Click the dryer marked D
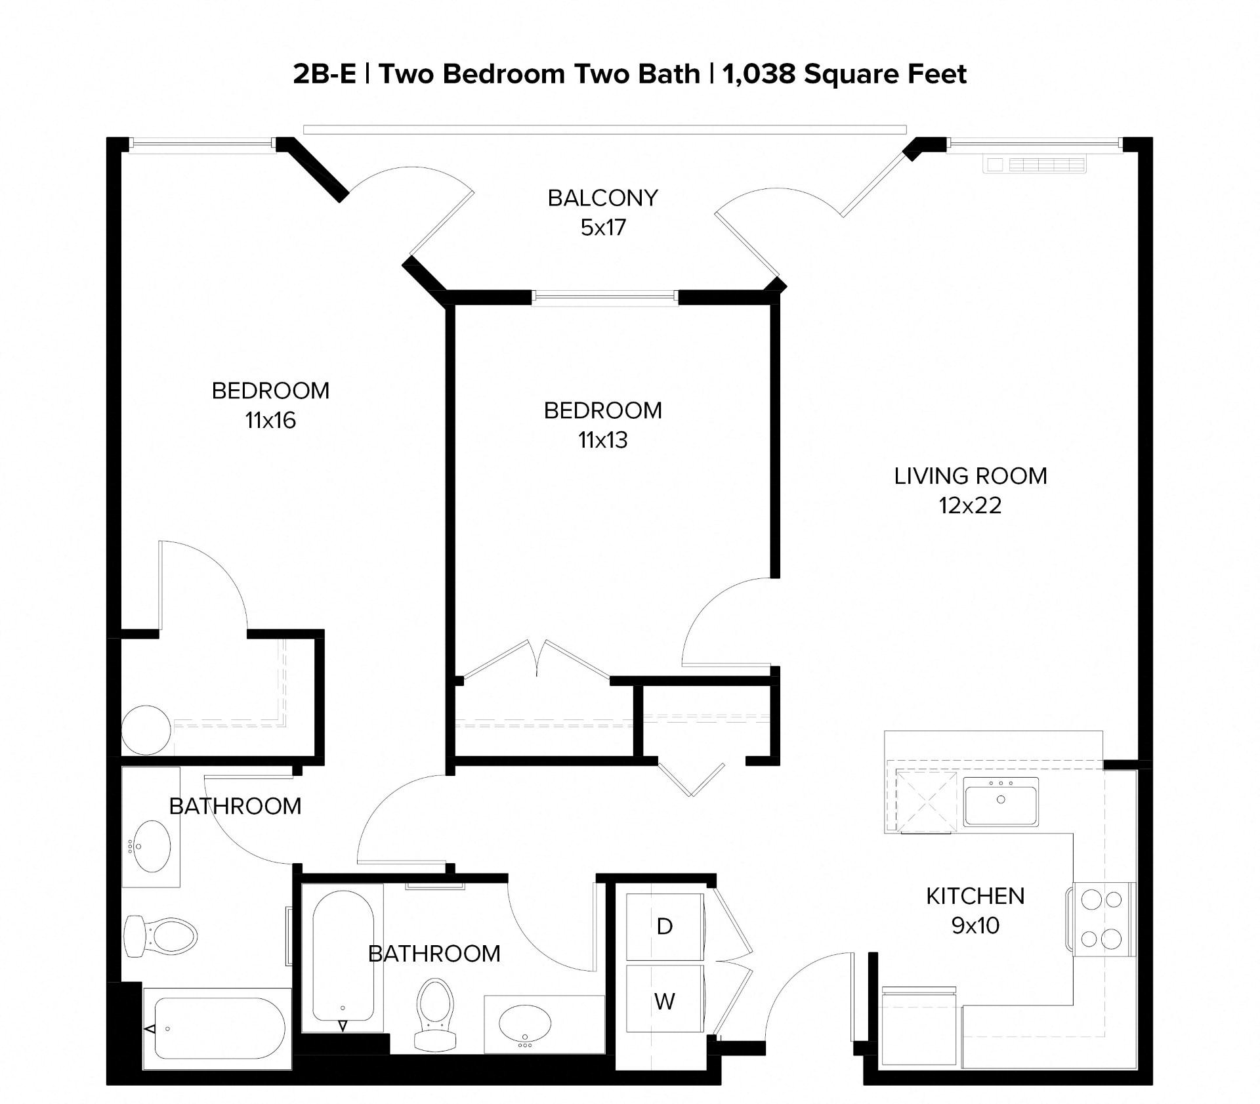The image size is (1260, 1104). pos(665,926)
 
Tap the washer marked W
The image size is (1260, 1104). pos(665,1001)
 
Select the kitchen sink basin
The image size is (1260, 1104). pos(1001,801)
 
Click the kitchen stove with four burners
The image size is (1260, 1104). pos(1101,919)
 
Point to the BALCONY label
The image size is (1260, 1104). pos(602,198)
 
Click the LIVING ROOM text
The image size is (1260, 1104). pos(970,476)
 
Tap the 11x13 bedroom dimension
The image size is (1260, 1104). pos(602,440)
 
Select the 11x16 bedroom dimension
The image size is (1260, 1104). pos(270,420)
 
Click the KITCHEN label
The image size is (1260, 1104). pos(975,896)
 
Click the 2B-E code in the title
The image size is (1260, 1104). pos(324,74)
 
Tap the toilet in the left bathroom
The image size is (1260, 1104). pos(161,936)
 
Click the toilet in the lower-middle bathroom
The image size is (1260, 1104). pos(435,1014)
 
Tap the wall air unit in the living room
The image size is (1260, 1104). pos(1034,164)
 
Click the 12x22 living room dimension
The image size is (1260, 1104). pos(970,505)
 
